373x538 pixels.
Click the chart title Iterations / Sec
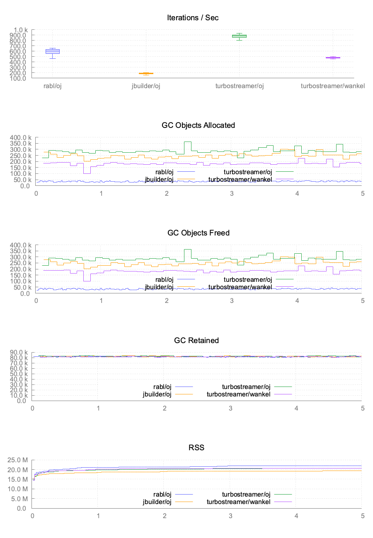(x=193, y=17)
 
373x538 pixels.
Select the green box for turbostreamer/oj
(x=239, y=36)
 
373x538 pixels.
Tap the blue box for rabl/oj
(x=53, y=51)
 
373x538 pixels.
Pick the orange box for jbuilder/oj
(x=146, y=73)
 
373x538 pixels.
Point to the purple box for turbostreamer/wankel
(x=333, y=58)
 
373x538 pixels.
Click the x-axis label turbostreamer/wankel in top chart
(x=333, y=86)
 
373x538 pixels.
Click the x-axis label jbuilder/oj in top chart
(x=146, y=86)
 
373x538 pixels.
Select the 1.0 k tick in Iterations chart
(x=20, y=30)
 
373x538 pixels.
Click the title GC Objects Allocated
(x=198, y=125)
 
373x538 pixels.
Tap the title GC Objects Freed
(x=198, y=233)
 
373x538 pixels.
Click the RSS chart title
(x=196, y=448)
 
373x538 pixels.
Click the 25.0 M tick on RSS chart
(x=19, y=460)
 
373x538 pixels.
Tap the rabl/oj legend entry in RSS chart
(x=162, y=495)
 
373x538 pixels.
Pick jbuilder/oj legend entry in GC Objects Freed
(x=159, y=287)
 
